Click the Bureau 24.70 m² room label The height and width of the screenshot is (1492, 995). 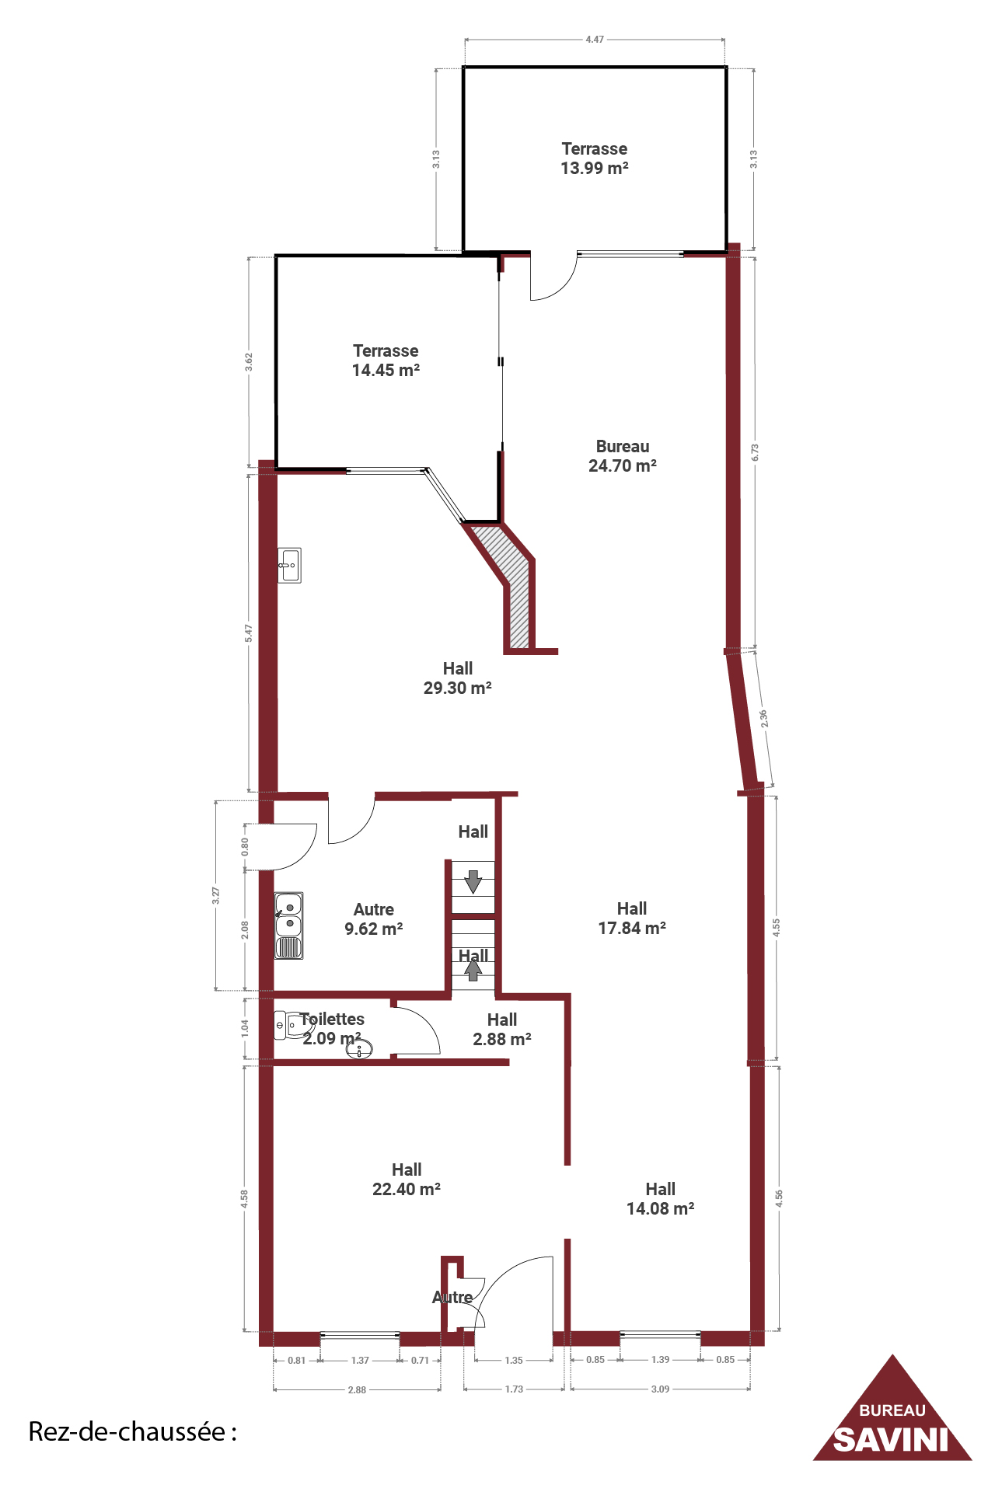tap(623, 456)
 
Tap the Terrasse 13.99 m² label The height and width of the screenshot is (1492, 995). tap(595, 159)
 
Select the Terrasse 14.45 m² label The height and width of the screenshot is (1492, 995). tap(386, 361)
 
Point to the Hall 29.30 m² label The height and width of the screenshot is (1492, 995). tap(458, 678)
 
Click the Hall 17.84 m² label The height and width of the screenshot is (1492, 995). tap(632, 919)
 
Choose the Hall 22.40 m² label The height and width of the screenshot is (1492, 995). tap(407, 1180)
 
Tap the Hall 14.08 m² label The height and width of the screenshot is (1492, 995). tap(661, 1199)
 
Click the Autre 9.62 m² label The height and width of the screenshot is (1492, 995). tap(374, 919)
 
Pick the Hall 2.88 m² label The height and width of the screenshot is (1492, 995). tap(502, 1030)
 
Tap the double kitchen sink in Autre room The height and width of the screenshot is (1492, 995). tap(288, 926)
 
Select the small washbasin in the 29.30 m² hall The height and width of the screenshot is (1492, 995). tap(290, 565)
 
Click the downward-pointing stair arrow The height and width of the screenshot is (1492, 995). tap(473, 882)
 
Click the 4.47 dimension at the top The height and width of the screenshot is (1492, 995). tap(595, 39)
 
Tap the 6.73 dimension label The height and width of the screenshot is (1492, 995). tap(755, 452)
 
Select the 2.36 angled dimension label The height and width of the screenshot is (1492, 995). tap(764, 719)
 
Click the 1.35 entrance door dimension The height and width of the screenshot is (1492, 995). tap(514, 1361)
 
